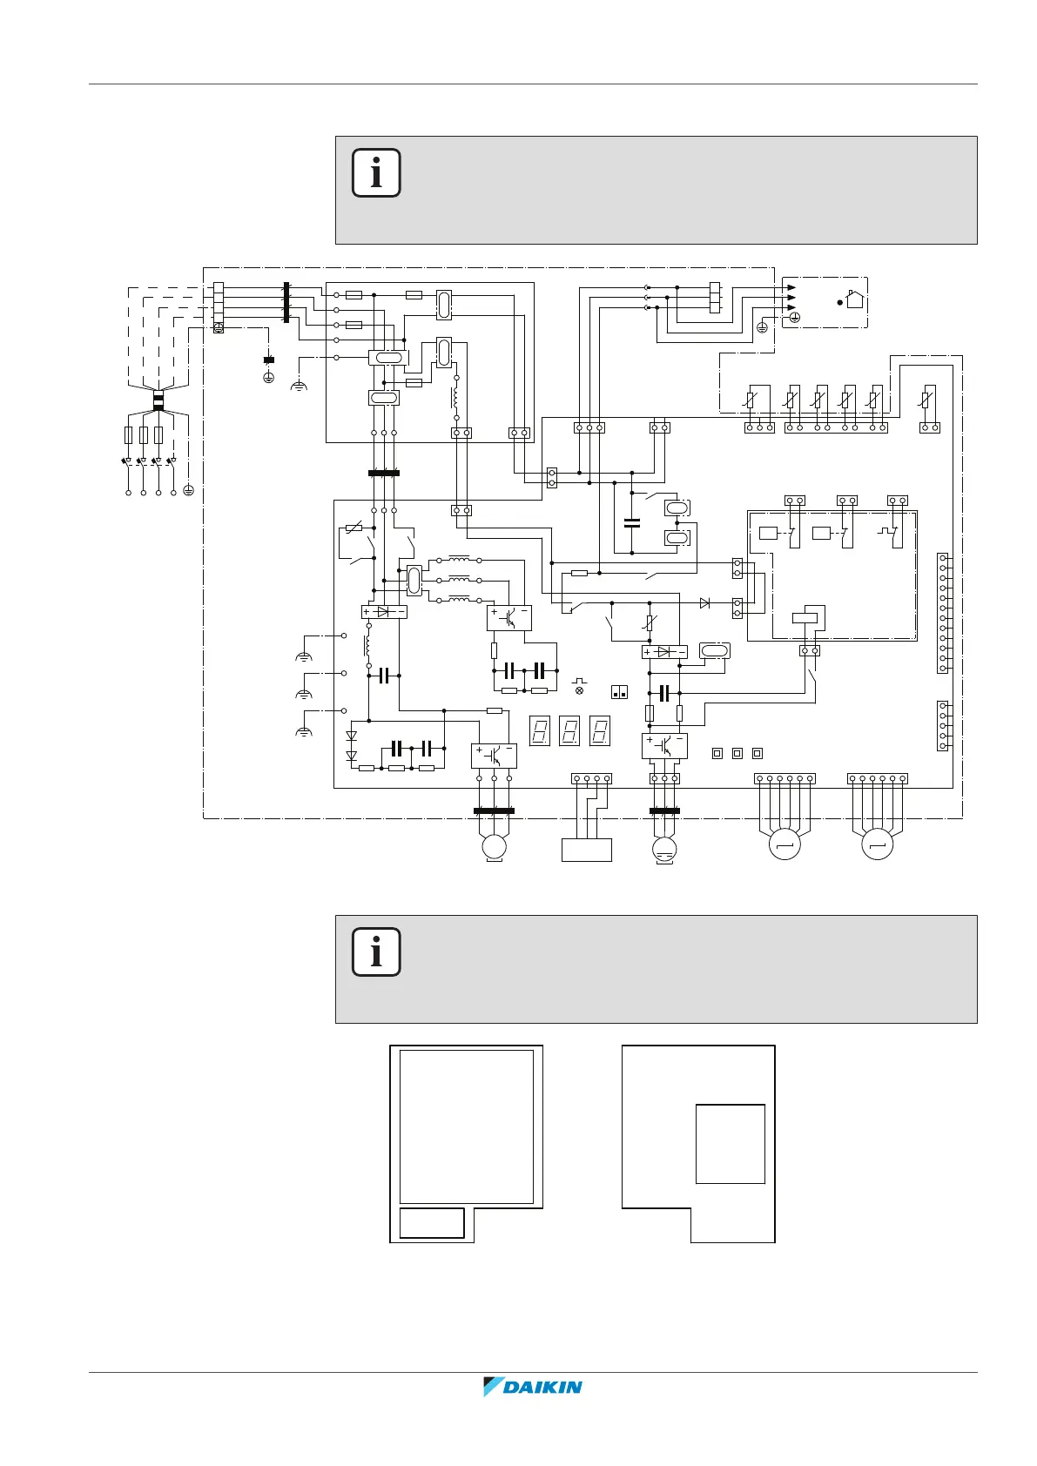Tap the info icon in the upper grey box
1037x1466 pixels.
click(x=376, y=172)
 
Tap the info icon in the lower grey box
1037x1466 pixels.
click(x=376, y=952)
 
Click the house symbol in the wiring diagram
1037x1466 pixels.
click(x=854, y=299)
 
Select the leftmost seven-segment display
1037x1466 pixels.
click(x=540, y=730)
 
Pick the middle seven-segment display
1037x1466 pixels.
click(x=569, y=730)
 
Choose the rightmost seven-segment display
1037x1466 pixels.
click(x=599, y=730)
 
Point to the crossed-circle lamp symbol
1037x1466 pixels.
click(x=579, y=689)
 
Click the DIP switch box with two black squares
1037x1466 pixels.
click(x=620, y=691)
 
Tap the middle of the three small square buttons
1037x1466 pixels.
click(x=737, y=753)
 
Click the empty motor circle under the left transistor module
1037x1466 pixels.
click(x=494, y=845)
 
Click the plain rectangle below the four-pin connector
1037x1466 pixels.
click(x=587, y=849)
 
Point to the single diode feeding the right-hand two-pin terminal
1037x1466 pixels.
click(x=704, y=603)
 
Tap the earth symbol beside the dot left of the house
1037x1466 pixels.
click(x=794, y=319)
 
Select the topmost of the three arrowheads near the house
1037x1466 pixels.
click(x=791, y=287)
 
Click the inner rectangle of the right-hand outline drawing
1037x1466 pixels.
click(x=730, y=1144)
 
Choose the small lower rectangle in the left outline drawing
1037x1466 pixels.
click(x=431, y=1223)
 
